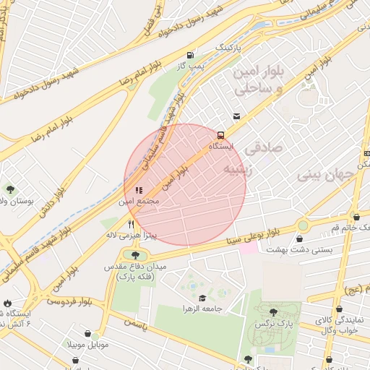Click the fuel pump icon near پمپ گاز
[190, 55]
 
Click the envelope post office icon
[236, 116]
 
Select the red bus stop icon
[220, 134]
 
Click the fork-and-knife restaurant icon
[131, 224]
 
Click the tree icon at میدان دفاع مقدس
[135, 254]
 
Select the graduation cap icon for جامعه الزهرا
[202, 298]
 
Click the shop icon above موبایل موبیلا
[87, 334]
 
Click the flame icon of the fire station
[7, 303]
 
